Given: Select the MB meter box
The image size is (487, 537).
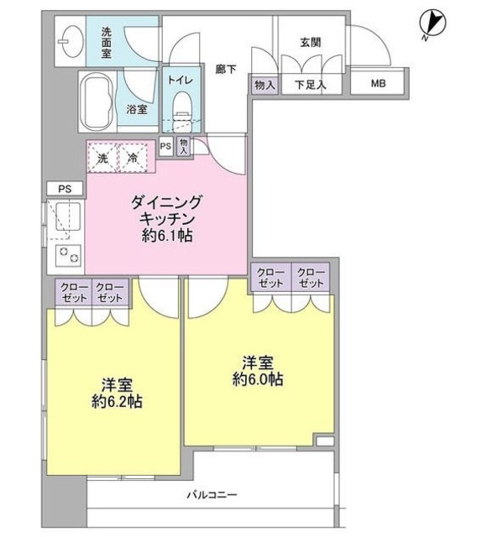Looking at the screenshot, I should [x=380, y=85].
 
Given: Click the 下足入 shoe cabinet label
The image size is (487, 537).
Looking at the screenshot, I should [x=310, y=85].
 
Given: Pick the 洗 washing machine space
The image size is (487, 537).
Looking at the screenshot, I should [x=102, y=156].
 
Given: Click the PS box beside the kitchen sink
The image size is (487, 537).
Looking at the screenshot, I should [x=64, y=190].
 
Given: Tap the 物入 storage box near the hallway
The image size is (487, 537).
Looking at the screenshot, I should [x=262, y=85].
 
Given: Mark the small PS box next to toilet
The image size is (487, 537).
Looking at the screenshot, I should [x=165, y=146].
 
